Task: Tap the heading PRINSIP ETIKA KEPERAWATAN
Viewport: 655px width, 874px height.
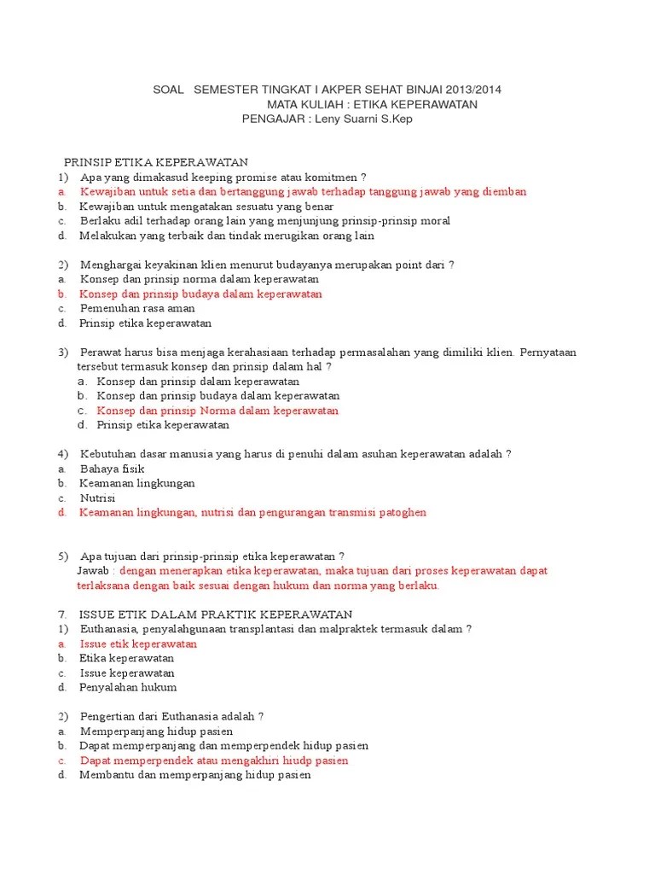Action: point(156,162)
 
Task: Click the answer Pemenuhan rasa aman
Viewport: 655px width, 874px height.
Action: point(136,308)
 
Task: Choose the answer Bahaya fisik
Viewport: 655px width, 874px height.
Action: point(112,469)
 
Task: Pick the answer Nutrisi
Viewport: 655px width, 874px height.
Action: point(97,498)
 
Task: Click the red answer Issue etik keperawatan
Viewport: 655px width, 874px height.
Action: point(138,644)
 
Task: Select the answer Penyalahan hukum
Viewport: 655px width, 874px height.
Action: point(128,687)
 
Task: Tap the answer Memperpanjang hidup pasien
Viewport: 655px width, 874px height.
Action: point(156,731)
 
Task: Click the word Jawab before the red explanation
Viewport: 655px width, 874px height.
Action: point(94,570)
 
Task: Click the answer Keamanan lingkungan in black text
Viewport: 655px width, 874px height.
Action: point(137,483)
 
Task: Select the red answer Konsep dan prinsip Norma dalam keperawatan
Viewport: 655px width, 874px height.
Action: point(217,411)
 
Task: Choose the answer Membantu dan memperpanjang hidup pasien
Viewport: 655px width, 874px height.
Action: point(195,775)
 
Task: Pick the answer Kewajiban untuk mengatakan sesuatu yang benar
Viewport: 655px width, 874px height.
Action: point(206,206)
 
